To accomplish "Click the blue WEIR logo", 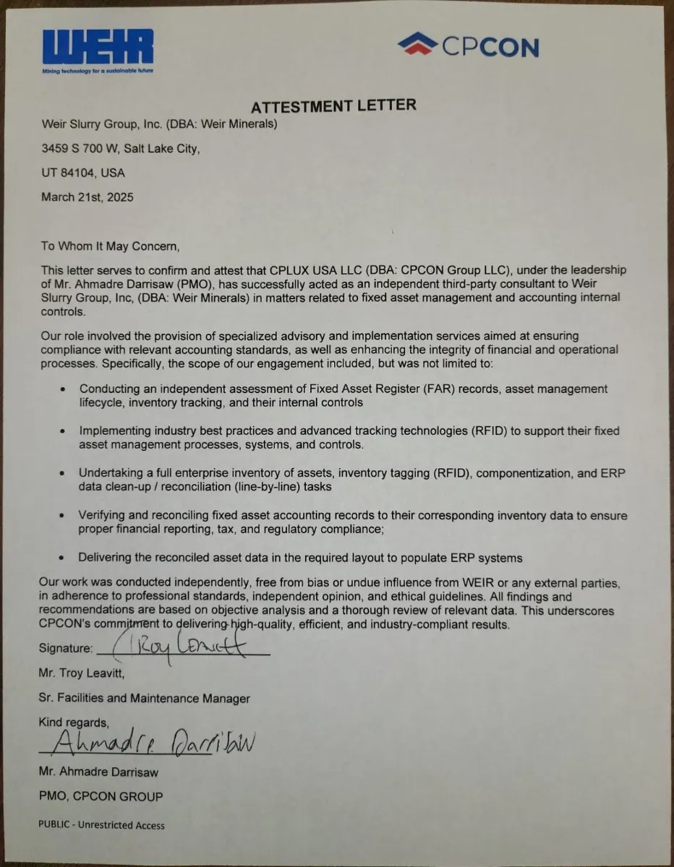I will pyautogui.click(x=98, y=46).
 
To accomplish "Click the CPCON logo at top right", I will pyautogui.click(x=469, y=46).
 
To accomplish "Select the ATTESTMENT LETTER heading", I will pyautogui.click(x=333, y=106).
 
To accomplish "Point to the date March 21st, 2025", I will pyautogui.click(x=87, y=197).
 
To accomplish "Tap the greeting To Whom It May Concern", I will pyautogui.click(x=109, y=246).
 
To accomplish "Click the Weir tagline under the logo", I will pyautogui.click(x=98, y=70).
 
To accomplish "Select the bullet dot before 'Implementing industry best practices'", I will pyautogui.click(x=64, y=431).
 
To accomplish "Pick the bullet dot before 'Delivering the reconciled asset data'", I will pyautogui.click(x=64, y=558).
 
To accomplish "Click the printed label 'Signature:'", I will pyautogui.click(x=66, y=648).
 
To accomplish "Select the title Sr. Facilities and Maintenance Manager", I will pyautogui.click(x=145, y=698).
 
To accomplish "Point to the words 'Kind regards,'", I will pyautogui.click(x=74, y=722).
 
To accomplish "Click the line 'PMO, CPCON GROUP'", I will pyautogui.click(x=101, y=796).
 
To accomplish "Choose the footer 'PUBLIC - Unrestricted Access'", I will pyautogui.click(x=102, y=825).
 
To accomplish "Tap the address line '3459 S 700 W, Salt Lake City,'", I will pyautogui.click(x=119, y=149).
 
